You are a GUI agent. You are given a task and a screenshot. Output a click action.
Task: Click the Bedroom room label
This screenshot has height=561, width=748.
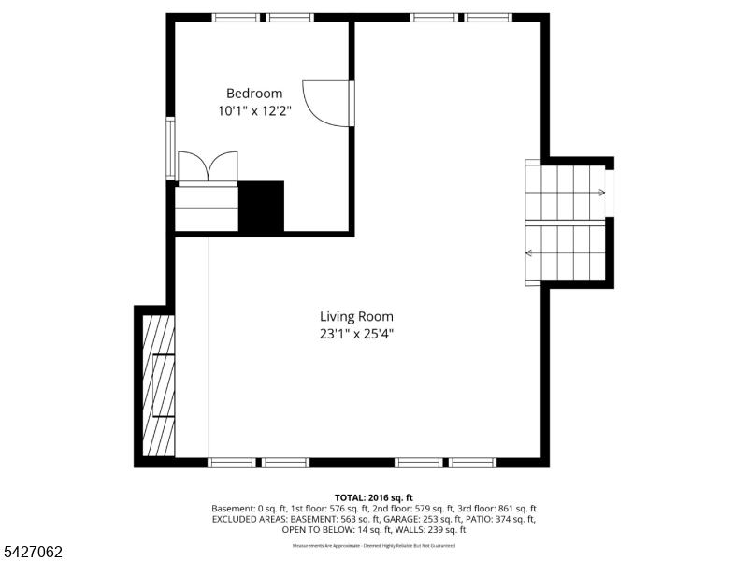[x=254, y=93]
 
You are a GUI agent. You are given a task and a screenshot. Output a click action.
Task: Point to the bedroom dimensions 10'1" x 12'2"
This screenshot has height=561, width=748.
[x=254, y=110]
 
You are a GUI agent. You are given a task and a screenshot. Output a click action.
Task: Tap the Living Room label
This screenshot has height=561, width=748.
[x=356, y=317]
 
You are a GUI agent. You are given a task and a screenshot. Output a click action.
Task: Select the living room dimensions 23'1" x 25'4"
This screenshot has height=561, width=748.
[x=356, y=334]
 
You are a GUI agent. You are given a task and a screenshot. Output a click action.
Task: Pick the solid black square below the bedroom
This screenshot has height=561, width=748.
[x=262, y=207]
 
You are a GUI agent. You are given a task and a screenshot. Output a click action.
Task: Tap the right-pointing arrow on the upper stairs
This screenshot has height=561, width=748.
[x=599, y=194]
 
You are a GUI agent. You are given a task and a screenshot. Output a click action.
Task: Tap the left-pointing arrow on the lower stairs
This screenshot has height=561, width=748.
[x=530, y=252]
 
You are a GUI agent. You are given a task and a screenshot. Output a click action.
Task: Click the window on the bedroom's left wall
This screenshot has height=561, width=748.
[x=170, y=148]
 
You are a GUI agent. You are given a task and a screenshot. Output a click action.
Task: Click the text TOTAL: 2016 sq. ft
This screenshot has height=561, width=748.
[x=373, y=497]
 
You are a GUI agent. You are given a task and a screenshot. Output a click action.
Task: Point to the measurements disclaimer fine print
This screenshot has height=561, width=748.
[x=373, y=545]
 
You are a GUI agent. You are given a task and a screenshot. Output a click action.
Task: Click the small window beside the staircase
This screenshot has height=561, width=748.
[x=610, y=193]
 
